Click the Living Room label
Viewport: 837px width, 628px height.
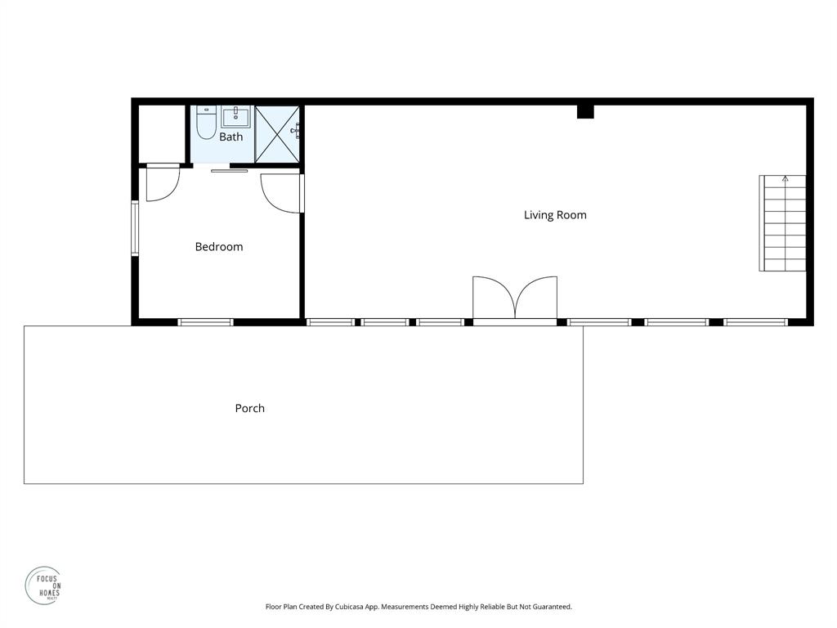[x=555, y=215]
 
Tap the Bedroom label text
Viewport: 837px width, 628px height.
[x=218, y=247]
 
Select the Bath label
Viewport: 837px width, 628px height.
[x=231, y=137]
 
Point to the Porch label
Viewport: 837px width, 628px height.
[x=249, y=408]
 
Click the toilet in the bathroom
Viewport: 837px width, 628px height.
[x=206, y=124]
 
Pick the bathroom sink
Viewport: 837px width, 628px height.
[x=235, y=117]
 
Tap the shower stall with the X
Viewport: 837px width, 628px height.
[x=277, y=134]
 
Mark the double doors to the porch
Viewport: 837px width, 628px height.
[x=515, y=298]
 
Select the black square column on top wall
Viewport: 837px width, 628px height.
[x=585, y=111]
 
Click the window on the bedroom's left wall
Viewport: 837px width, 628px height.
[x=136, y=229]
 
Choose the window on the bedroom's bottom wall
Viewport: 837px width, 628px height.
[x=206, y=322]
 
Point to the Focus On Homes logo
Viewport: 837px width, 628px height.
[x=43, y=586]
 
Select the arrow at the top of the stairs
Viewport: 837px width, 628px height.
[x=785, y=178]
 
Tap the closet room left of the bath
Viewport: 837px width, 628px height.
[x=161, y=134]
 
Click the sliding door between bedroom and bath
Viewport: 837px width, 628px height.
[x=229, y=170]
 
